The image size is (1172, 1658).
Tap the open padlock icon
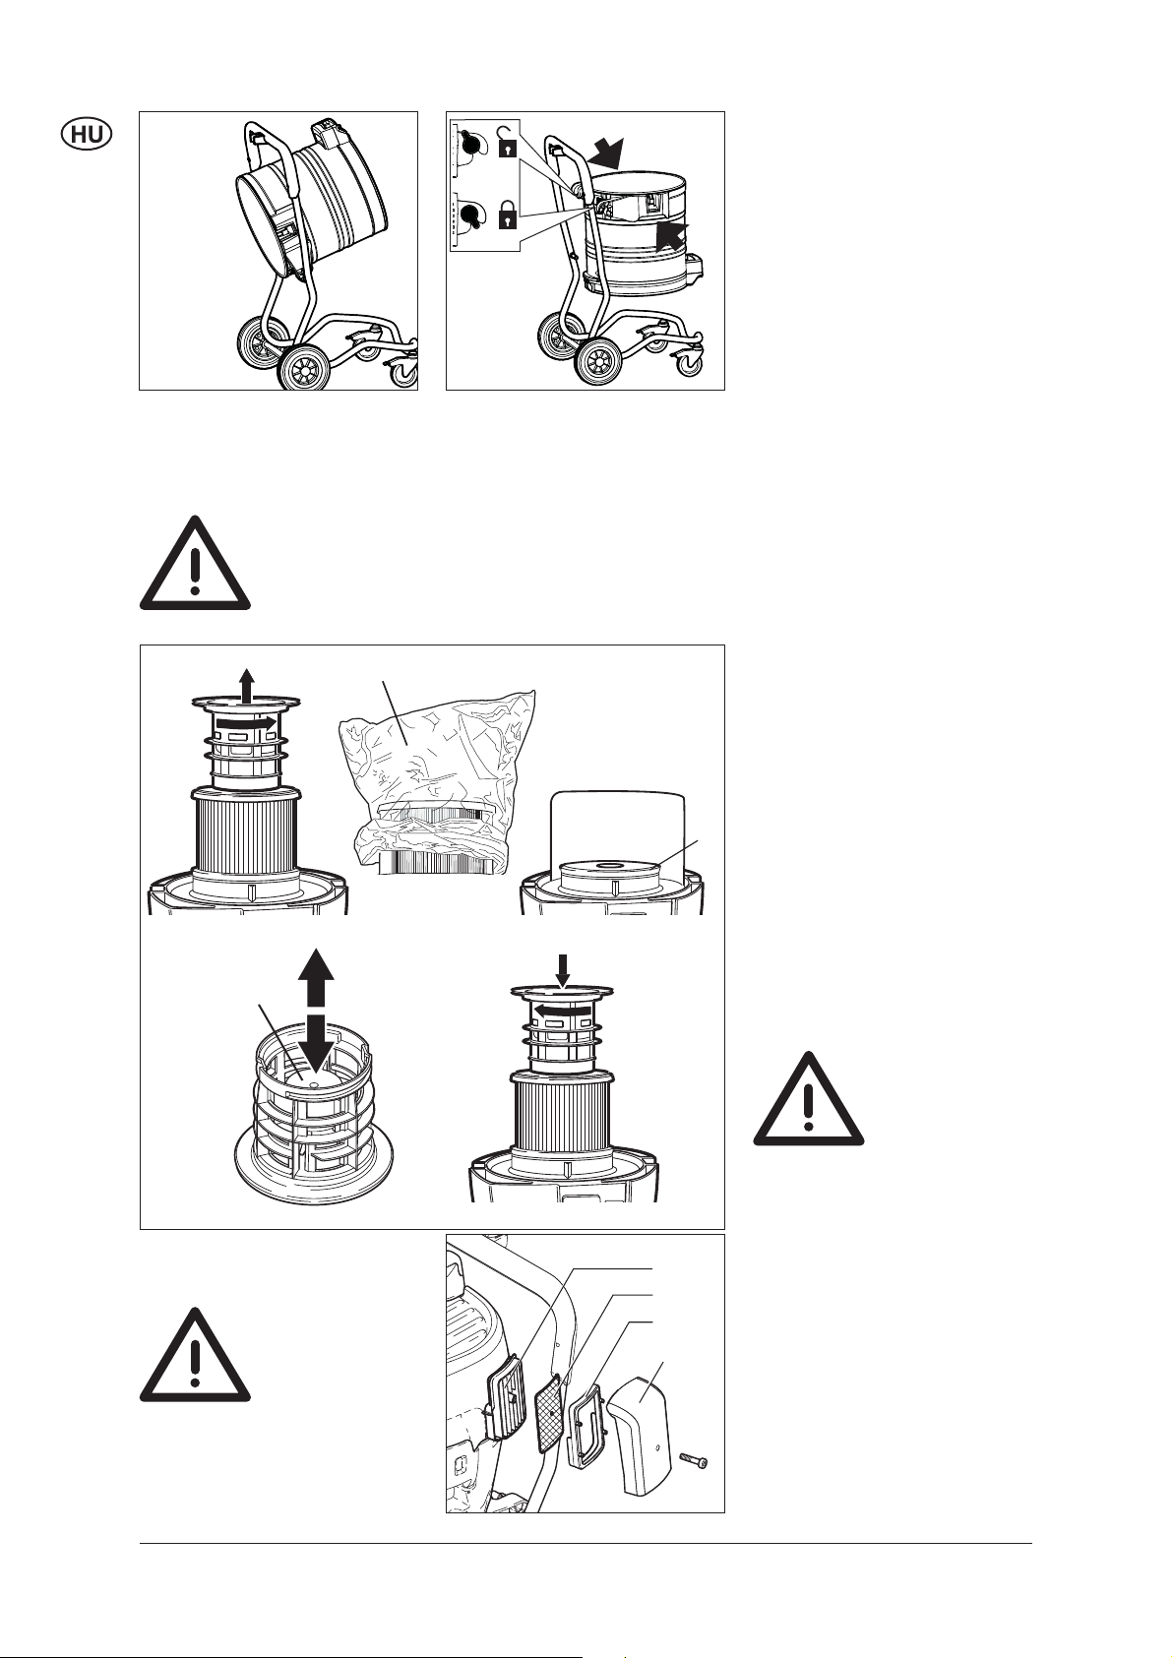point(507,142)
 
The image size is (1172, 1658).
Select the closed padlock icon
point(507,215)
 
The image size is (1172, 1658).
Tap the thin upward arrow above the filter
point(247,683)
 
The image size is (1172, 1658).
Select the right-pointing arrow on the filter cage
point(247,721)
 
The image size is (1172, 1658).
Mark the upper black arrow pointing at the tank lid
point(605,153)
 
